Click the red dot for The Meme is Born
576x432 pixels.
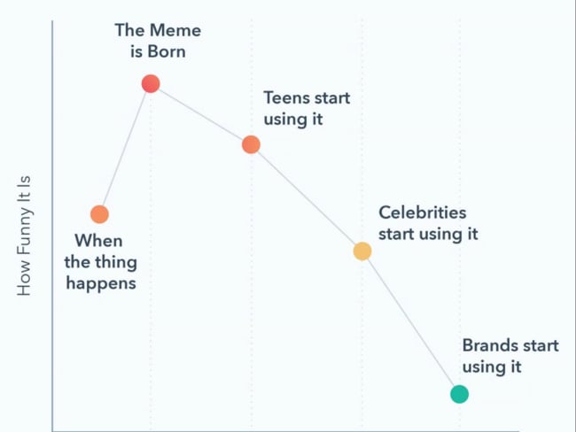click(151, 84)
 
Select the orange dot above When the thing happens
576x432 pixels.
click(99, 214)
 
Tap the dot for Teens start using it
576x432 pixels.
click(251, 144)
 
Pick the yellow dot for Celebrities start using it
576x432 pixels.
click(362, 251)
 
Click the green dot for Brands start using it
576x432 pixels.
click(459, 394)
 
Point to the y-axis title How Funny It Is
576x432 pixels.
click(25, 235)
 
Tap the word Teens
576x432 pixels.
click(286, 97)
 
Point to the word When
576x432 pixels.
click(98, 241)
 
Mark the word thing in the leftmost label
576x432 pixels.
click(116, 262)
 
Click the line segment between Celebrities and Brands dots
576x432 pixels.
click(410, 323)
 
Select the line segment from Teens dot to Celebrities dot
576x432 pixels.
click(307, 198)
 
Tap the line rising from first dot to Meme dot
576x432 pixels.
click(125, 150)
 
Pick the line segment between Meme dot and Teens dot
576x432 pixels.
click(201, 114)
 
